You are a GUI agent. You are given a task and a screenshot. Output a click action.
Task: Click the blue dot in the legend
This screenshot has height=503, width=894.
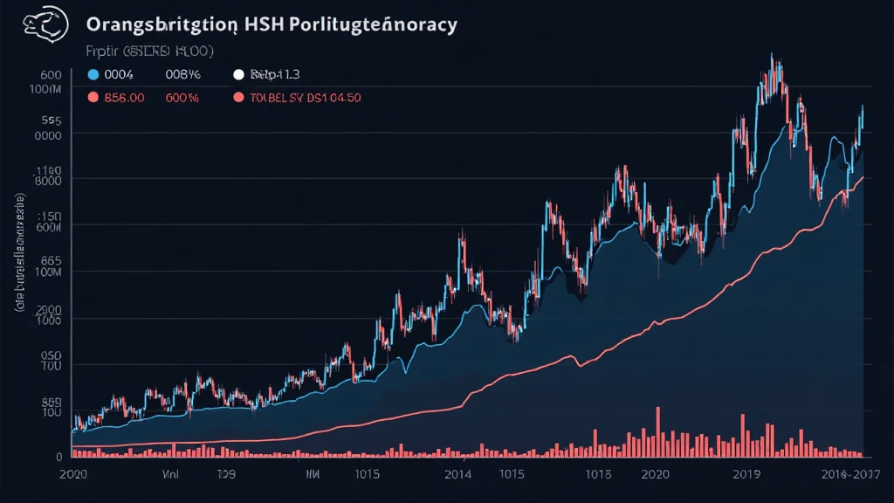93,76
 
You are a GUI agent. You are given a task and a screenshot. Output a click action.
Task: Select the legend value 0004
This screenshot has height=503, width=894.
119,76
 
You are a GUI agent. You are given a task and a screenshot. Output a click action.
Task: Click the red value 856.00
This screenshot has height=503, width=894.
124,99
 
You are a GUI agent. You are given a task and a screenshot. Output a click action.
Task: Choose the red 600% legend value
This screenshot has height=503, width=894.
182,99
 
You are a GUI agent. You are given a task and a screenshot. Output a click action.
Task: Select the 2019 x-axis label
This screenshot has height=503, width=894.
748,475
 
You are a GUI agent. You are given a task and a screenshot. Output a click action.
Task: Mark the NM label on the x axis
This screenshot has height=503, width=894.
311,475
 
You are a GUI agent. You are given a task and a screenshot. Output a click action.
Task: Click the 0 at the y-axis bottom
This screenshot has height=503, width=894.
58,456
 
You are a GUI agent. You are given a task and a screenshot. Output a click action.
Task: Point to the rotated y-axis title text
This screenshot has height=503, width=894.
18,253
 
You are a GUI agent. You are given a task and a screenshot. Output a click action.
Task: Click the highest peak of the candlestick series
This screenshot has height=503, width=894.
772,57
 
